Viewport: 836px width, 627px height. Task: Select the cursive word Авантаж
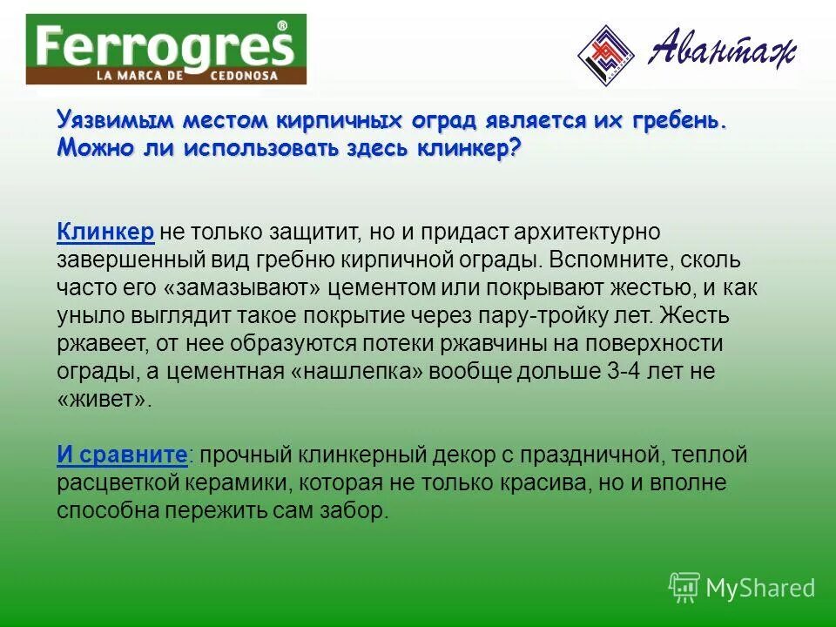pos(722,51)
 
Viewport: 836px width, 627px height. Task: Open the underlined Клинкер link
pos(105,233)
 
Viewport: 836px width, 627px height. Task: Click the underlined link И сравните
pos(122,455)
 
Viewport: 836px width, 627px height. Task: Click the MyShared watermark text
pos(760,589)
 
